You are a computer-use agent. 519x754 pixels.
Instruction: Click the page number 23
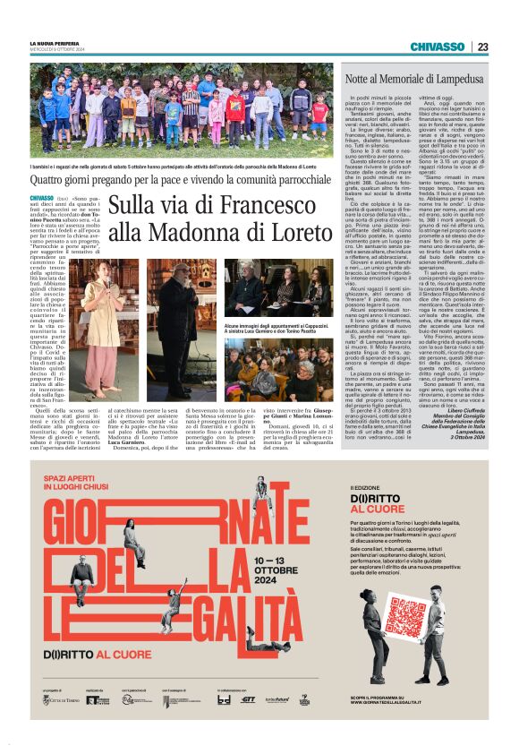pos(482,47)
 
